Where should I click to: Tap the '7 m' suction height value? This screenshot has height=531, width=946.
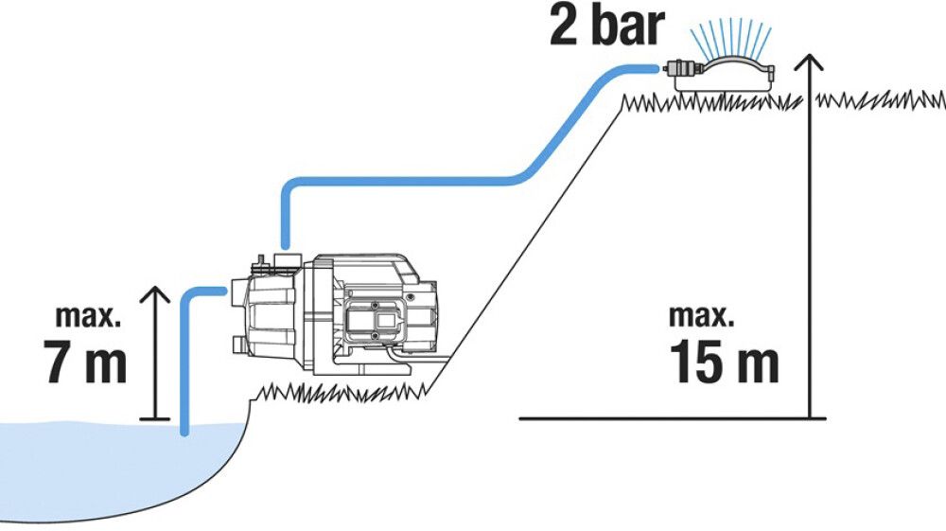[x=85, y=364]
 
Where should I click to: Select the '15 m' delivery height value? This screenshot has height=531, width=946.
[x=725, y=363]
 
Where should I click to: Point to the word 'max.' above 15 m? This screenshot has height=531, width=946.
[x=702, y=315]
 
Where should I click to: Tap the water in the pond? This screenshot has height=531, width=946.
[x=95, y=469]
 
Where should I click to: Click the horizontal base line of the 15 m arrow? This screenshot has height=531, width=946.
[x=662, y=417]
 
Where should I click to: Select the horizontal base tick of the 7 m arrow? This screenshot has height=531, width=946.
[x=156, y=417]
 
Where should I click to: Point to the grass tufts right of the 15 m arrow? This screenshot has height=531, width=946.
[x=880, y=98]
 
